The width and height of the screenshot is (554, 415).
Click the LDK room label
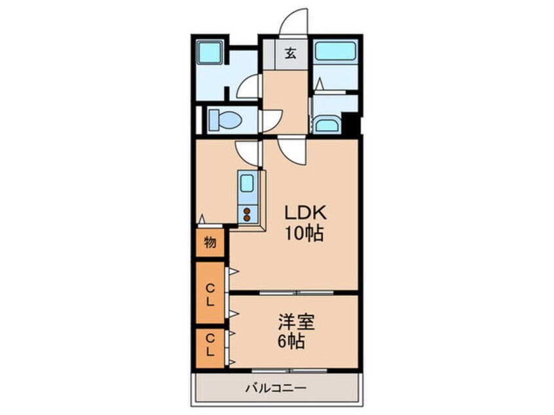(x=305, y=213)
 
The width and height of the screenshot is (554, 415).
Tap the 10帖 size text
(x=305, y=233)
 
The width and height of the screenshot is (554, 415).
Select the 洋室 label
(x=296, y=322)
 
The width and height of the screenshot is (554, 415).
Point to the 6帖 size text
(x=291, y=341)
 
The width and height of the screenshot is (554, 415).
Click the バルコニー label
(x=276, y=389)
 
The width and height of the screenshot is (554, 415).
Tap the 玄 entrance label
(x=291, y=53)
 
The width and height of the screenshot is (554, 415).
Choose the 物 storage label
(x=210, y=243)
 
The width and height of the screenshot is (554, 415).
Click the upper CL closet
(x=210, y=293)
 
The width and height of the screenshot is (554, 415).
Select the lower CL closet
(x=210, y=348)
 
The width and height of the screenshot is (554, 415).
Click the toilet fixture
(x=225, y=119)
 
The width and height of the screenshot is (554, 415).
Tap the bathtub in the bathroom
(x=335, y=51)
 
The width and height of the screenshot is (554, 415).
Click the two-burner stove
(x=247, y=215)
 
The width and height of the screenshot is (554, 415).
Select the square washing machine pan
(x=210, y=52)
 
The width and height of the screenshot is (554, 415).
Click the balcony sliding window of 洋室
(x=289, y=370)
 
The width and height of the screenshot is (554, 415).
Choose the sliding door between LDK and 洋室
(x=297, y=293)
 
